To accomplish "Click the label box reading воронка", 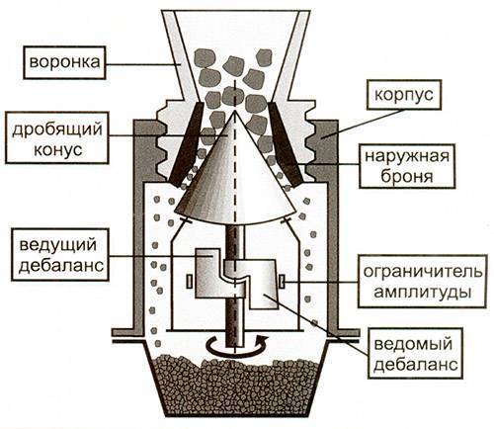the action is point(64,62).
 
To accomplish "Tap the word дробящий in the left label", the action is point(57,129).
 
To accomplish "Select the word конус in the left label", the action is point(58,150).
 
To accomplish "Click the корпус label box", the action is point(403,95).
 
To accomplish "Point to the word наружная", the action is point(407,155).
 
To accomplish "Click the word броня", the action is point(407,176).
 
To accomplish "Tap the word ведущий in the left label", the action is point(58,245).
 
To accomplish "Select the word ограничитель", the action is point(423,272).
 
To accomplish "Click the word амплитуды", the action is point(423,293).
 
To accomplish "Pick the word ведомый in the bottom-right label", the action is point(413,344).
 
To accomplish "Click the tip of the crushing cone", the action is point(235,112).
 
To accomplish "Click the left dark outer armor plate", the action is point(187,144).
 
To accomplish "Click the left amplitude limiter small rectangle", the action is point(190,282).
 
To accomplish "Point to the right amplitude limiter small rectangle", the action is point(282,282).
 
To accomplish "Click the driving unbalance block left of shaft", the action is point(209,275).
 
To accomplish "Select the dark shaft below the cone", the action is point(236,284).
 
